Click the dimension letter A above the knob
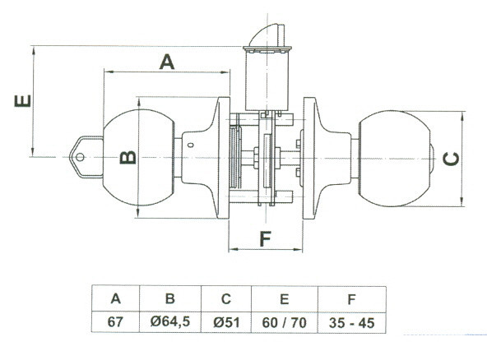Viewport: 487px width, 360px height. pos(167,62)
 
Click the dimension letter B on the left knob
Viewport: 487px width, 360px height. pos(128,157)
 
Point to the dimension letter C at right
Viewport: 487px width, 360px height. pos(451,159)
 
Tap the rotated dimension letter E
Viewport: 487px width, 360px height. pos(23,100)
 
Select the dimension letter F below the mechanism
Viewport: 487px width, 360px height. pos(265,239)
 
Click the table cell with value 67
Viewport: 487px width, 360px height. pos(115,322)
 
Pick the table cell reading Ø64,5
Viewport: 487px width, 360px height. pos(170,322)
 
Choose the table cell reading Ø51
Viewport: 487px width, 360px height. pos(226,322)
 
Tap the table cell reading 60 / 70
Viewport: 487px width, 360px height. pos(284,322)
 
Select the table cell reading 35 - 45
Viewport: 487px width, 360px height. pos(351,323)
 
